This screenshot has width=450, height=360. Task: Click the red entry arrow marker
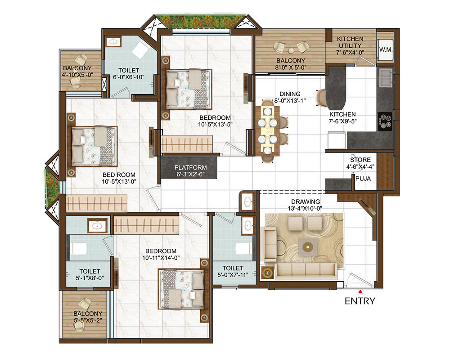click(x=360, y=292)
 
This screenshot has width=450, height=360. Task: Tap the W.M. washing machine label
click(x=386, y=49)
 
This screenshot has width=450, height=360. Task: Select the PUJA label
click(x=363, y=179)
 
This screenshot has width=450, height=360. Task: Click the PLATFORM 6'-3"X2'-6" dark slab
click(x=189, y=168)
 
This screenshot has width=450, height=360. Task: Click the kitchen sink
click(x=386, y=77)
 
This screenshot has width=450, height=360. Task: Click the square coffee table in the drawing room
click(x=308, y=247)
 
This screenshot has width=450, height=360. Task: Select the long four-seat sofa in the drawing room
click(x=306, y=271)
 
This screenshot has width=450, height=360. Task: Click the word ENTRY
click(x=360, y=301)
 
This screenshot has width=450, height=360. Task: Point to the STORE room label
click(x=360, y=160)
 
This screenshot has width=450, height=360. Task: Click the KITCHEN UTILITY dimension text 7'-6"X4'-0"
click(x=350, y=53)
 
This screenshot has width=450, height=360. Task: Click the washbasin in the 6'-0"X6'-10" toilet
click(x=114, y=42)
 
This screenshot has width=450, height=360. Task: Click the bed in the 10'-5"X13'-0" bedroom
click(x=94, y=146)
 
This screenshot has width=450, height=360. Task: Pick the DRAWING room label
click(x=306, y=202)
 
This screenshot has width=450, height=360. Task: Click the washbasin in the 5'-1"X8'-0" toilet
click(x=97, y=225)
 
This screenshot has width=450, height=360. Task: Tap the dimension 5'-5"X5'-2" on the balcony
click(x=88, y=320)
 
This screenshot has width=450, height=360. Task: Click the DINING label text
click(x=290, y=94)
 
